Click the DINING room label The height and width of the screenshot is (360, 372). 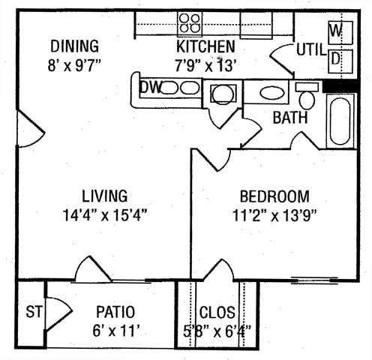(74, 46)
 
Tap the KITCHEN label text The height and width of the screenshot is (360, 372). (205, 46)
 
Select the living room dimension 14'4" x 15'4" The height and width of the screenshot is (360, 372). (104, 214)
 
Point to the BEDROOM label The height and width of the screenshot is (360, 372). (274, 196)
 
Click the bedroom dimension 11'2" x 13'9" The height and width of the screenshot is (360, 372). (274, 215)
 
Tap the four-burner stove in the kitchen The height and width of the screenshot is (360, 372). (190, 24)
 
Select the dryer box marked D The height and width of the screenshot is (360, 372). (340, 61)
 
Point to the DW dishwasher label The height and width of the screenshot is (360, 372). (150, 88)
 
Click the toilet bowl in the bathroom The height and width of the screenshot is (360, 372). (307, 100)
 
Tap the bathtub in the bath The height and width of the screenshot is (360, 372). (340, 121)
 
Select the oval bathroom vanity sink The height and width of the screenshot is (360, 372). (272, 93)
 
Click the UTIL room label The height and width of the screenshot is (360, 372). (311, 49)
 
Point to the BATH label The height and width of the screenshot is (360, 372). (290, 118)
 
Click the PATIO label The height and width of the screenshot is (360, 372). (115, 312)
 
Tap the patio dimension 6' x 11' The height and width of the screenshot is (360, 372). (115, 331)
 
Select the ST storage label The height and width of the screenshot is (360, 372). (34, 312)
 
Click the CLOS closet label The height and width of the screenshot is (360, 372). (217, 312)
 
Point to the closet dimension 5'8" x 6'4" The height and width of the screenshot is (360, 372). (217, 331)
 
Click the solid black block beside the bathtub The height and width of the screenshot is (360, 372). (340, 86)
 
